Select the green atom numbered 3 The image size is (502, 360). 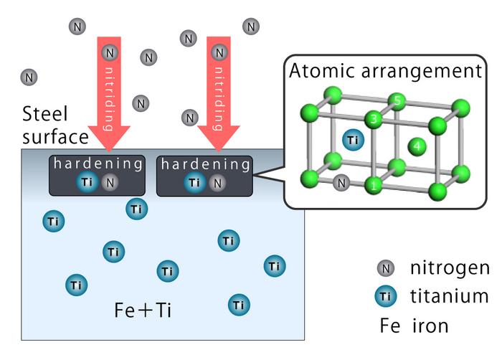pos(372,118)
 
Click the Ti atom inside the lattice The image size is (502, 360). pos(351,139)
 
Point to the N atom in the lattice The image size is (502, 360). pos(342,182)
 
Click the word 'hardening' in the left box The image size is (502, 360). pos(98,164)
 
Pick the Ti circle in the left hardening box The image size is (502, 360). pos(87,183)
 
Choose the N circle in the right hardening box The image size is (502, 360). pos(217,183)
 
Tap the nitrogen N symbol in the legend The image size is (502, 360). pos(386,269)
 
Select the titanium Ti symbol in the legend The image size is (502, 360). pos(386,295)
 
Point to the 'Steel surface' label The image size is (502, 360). pos(55,124)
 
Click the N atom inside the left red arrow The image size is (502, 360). pos(109,52)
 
